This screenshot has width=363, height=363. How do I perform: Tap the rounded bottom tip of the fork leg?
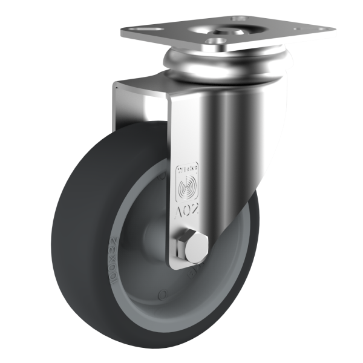(x=185, y=266)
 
